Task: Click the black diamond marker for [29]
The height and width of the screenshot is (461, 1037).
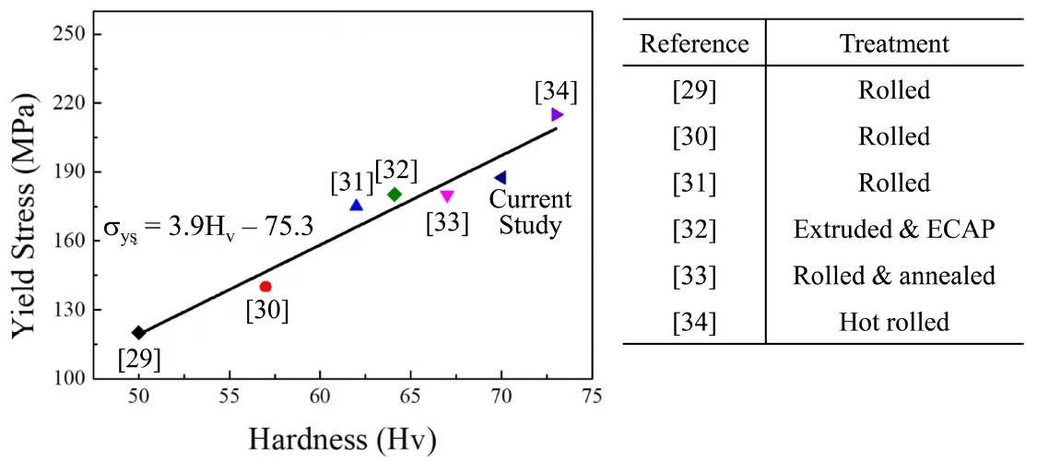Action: coord(138,333)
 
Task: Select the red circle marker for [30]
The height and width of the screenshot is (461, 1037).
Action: coord(265,287)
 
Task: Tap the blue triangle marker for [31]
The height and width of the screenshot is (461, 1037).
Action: coord(357,206)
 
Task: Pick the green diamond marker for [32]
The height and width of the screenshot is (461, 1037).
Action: coord(395,195)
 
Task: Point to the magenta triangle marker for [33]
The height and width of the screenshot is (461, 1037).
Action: coord(447,195)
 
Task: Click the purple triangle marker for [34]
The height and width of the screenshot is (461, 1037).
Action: coord(557,114)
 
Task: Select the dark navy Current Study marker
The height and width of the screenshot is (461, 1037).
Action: coord(500,178)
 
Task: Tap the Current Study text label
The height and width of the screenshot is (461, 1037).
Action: coord(530,212)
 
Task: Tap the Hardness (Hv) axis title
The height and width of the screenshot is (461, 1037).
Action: coord(341,439)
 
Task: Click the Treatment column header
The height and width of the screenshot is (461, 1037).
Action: coord(894,43)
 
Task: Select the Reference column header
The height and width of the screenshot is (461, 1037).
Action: coord(694,43)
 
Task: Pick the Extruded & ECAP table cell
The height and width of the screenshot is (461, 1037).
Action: coord(894,230)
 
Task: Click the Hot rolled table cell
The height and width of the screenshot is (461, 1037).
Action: coord(894,322)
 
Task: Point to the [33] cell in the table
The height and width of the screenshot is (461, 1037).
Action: coord(694,276)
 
